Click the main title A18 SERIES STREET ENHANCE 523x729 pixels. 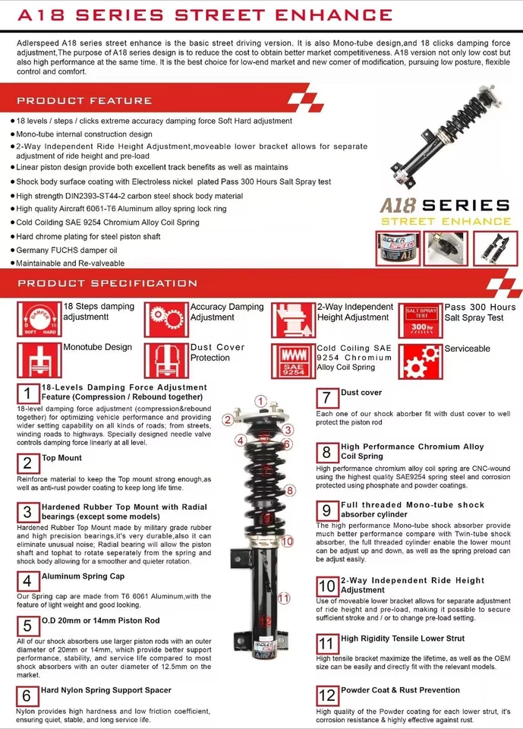[205, 14]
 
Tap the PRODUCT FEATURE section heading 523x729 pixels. [84, 100]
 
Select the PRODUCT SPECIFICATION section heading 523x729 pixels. [107, 283]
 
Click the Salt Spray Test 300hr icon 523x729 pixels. [420, 319]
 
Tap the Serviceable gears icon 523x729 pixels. [420, 361]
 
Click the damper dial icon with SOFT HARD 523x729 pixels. [37, 319]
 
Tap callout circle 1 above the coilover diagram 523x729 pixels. [260, 402]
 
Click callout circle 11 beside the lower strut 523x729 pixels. [283, 598]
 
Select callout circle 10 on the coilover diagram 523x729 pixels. [286, 541]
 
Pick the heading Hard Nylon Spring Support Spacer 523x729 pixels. [106, 690]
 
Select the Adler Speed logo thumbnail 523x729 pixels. [397, 248]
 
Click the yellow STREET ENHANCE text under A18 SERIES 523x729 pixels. [446, 221]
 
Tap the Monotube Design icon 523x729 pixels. [37, 361]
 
